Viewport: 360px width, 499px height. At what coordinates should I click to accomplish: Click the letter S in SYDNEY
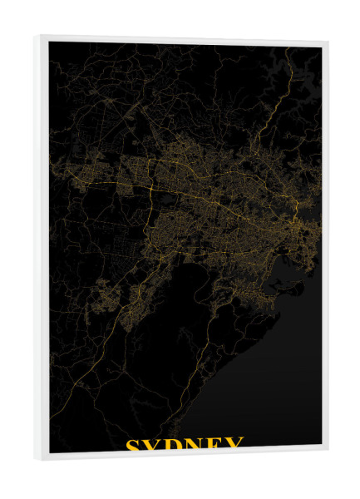click(x=133, y=446)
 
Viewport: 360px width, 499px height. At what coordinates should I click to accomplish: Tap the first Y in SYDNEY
click(x=154, y=446)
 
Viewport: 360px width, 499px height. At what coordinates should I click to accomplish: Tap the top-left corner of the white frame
click(x=36, y=37)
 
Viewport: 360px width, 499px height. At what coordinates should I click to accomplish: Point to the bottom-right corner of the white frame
click(x=327, y=449)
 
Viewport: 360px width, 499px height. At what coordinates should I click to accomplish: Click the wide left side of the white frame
click(x=42, y=249)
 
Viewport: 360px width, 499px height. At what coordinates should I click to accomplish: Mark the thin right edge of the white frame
click(x=324, y=249)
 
